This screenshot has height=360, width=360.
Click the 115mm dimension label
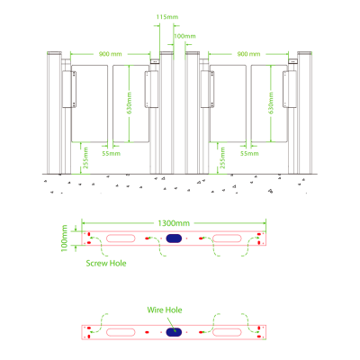[x=167, y=17]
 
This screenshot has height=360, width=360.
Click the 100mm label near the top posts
[x=184, y=36]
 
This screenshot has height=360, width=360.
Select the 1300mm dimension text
[x=174, y=223]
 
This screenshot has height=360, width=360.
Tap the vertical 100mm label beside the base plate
[x=65, y=238]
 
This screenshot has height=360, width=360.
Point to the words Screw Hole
[x=106, y=264]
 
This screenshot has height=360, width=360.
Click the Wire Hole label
[x=165, y=310]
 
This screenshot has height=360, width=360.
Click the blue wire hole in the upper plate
[x=174, y=238]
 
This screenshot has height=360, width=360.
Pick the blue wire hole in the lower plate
[x=174, y=332]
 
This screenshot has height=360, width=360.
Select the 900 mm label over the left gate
[x=111, y=54]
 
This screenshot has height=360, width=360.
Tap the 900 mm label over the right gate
[x=248, y=54]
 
